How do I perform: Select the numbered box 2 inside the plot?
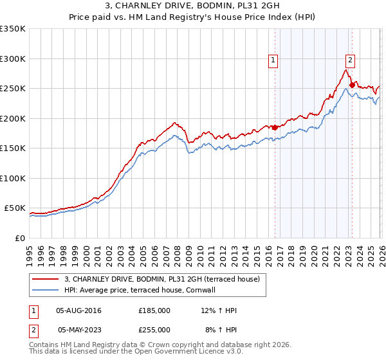pyautogui.click(x=350, y=60)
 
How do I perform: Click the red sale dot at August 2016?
pyautogui.click(x=275, y=127)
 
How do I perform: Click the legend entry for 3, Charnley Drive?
pyautogui.click(x=161, y=279)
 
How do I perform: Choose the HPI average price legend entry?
pyautogui.click(x=139, y=290)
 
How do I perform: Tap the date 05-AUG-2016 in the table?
pyautogui.click(x=79, y=310)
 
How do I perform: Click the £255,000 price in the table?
pyautogui.click(x=154, y=329)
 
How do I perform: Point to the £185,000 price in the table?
pyautogui.click(x=154, y=310)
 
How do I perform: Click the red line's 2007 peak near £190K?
pyautogui.click(x=174, y=122)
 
